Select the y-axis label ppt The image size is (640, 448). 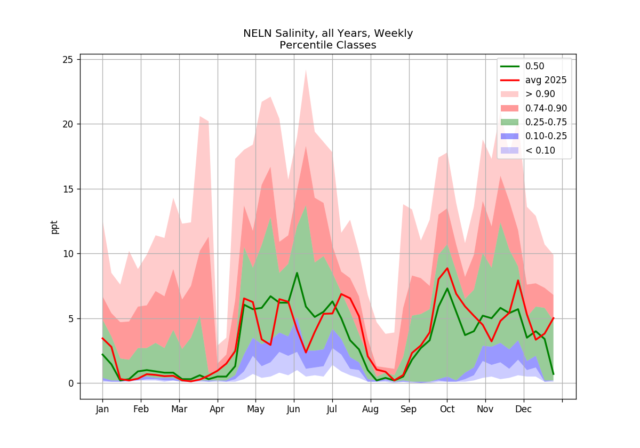tap(54, 227)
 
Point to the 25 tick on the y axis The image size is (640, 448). tap(68, 60)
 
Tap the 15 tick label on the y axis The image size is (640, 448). tap(68, 189)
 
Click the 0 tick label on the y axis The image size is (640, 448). tap(71, 383)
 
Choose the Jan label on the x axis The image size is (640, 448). tap(102, 410)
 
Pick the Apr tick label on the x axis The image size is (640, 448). tap(217, 410)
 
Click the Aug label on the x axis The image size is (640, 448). tap(370, 410)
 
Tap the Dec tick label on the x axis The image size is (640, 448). tap(523, 410)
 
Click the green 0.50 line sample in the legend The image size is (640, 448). tap(510, 66)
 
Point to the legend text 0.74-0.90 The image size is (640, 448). tap(546, 108)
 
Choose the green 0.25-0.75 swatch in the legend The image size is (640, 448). tap(510, 122)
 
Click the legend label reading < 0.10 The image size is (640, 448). tap(540, 150)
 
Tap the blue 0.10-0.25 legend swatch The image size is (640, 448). tap(510, 136)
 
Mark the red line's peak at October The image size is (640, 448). tap(447, 268)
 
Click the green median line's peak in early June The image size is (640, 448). tap(297, 273)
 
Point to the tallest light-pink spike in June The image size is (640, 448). tap(306, 70)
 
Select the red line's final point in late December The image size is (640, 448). tap(554, 318)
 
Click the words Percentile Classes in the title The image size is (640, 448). tap(327, 45)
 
